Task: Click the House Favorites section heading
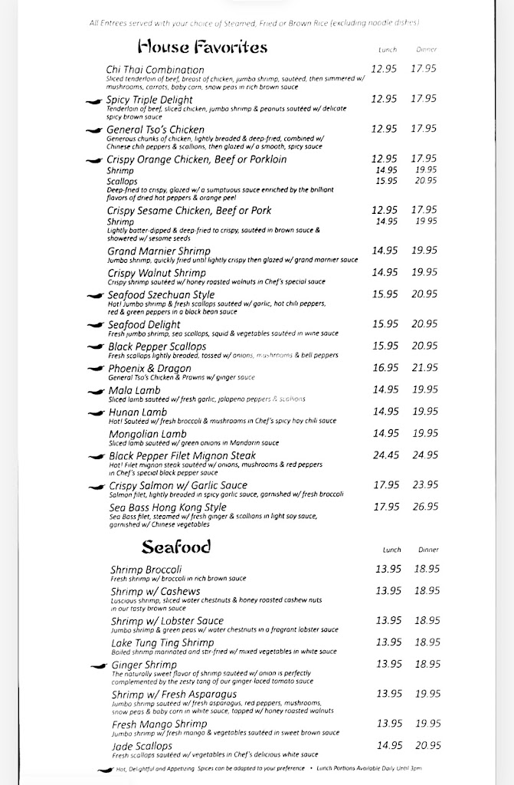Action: click(x=202, y=48)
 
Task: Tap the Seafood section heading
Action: click(x=175, y=547)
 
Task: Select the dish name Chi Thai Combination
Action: click(x=156, y=70)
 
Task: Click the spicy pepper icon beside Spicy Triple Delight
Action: click(x=93, y=101)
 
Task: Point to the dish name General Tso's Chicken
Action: click(x=156, y=130)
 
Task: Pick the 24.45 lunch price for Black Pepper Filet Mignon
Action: click(x=385, y=455)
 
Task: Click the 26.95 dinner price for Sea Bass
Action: click(x=424, y=507)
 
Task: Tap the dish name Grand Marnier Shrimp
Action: click(x=159, y=251)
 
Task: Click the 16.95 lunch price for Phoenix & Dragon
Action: click(x=385, y=368)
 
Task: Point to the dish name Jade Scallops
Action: click(x=142, y=746)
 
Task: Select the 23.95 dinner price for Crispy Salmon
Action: click(x=424, y=484)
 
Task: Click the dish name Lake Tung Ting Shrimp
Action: click(x=162, y=642)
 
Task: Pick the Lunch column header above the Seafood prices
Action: click(x=391, y=550)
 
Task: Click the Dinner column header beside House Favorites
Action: click(x=427, y=50)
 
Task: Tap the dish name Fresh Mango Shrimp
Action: click(x=159, y=724)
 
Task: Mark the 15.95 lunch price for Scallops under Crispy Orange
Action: click(x=386, y=181)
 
